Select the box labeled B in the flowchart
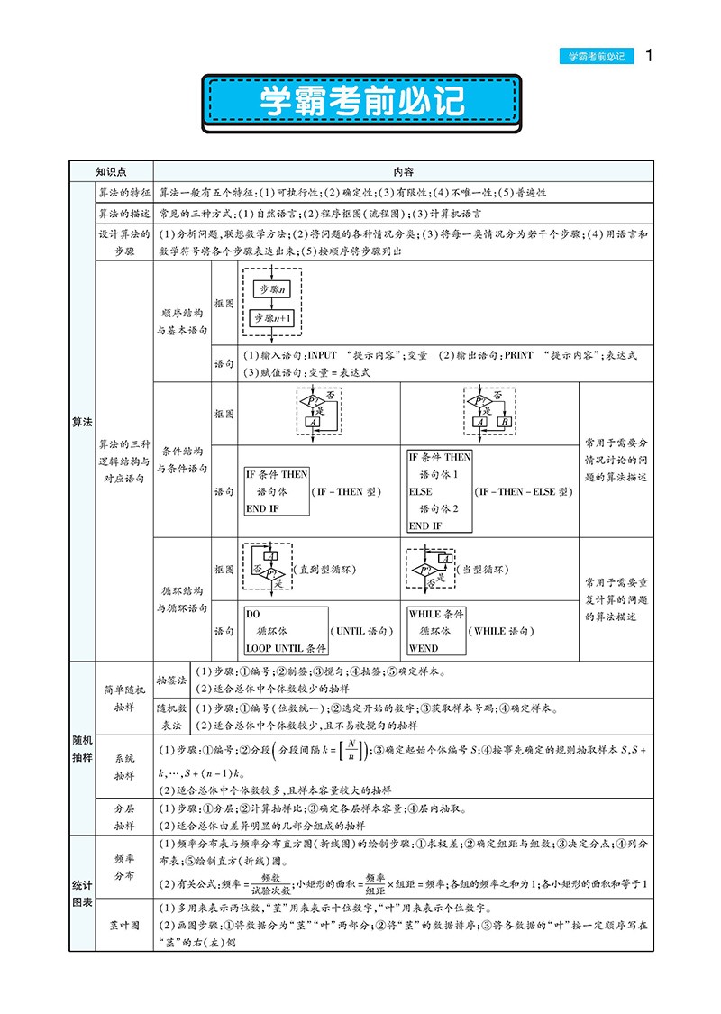pyautogui.click(x=505, y=422)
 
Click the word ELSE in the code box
pyautogui.click(x=421, y=491)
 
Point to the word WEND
pyautogui.click(x=424, y=647)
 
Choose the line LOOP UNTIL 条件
pyautogui.click(x=286, y=647)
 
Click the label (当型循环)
pyautogui.click(x=490, y=570)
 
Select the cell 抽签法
pyautogui.click(x=171, y=679)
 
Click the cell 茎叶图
pyautogui.click(x=124, y=924)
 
